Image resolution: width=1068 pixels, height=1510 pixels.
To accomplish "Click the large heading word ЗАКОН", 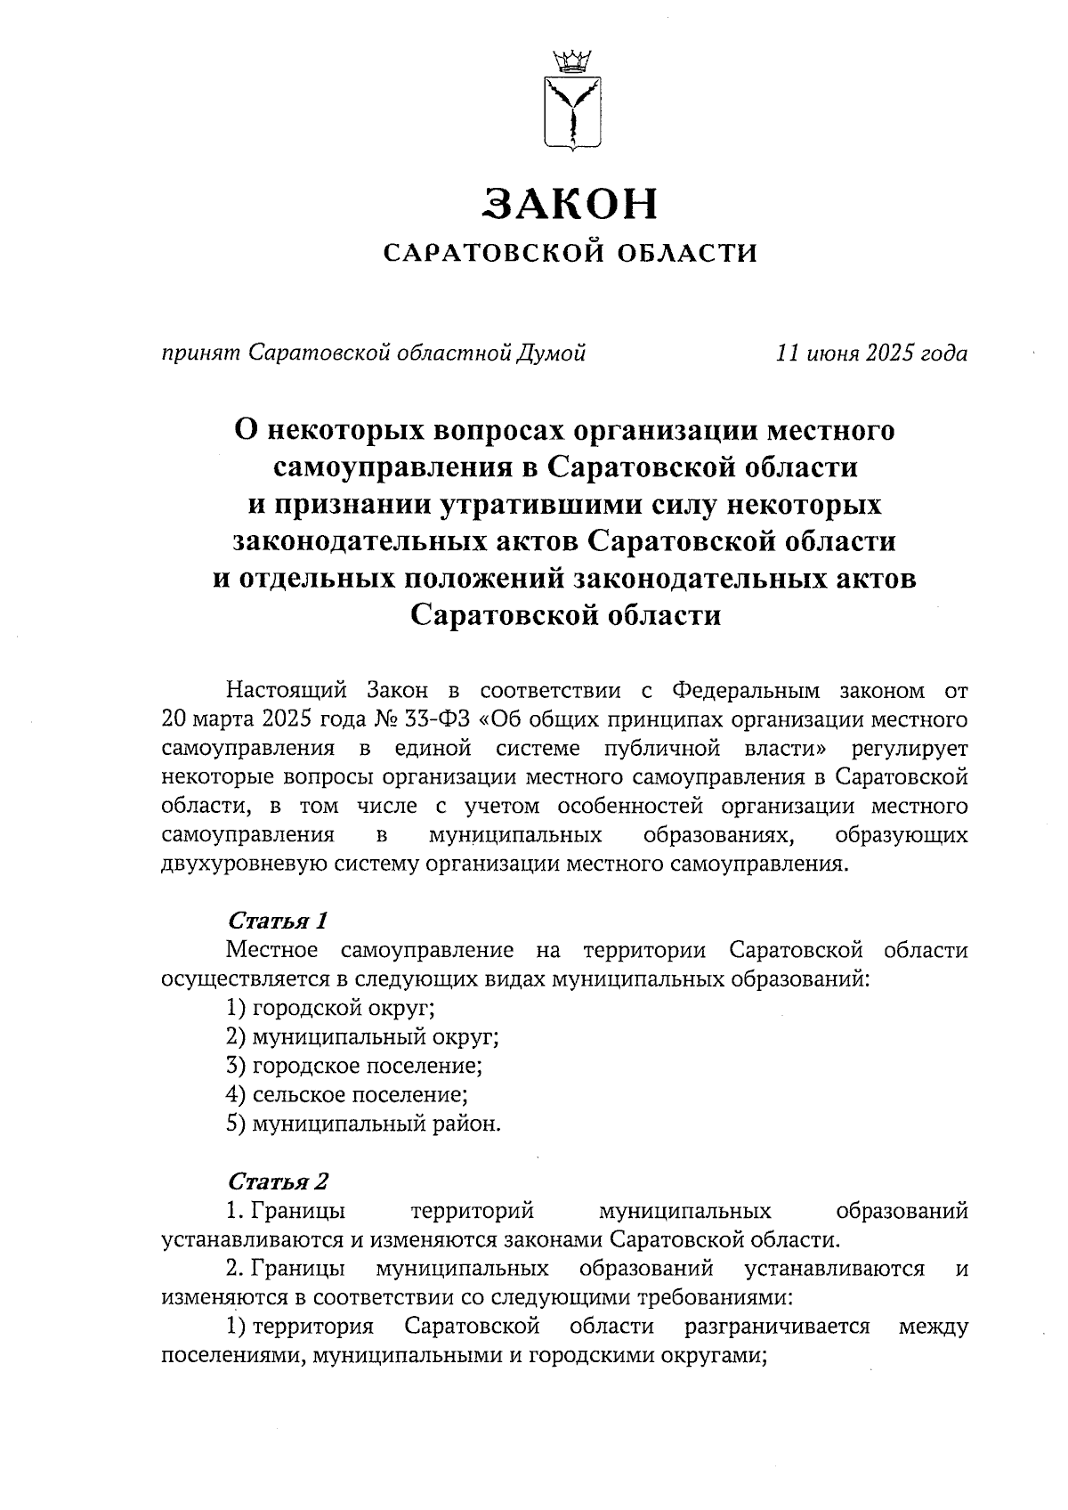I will [x=570, y=204].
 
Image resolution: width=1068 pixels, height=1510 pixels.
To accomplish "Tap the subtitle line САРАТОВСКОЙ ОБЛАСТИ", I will [x=570, y=255].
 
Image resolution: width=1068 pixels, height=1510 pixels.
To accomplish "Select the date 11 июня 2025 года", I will [x=871, y=354].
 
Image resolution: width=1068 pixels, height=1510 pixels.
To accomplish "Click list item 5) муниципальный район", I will [x=364, y=1124].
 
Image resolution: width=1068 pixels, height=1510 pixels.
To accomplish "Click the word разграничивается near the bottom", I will [x=777, y=1327].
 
